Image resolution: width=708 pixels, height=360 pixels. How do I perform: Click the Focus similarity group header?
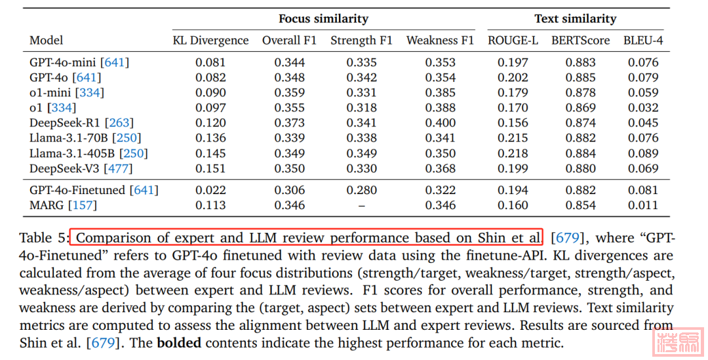(323, 19)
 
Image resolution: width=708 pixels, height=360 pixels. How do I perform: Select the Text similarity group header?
(575, 19)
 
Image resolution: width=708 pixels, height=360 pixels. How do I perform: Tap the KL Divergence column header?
(210, 41)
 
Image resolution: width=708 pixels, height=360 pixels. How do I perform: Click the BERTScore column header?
(580, 41)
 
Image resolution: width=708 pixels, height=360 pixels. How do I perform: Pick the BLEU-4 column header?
(643, 41)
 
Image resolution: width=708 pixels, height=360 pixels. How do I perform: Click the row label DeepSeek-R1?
(65, 123)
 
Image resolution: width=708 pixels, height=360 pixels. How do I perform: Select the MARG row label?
(47, 205)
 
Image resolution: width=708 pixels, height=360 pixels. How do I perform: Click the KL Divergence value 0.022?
(210, 190)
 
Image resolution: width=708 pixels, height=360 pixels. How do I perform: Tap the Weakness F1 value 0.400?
(440, 123)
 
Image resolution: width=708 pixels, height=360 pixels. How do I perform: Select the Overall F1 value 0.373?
(289, 123)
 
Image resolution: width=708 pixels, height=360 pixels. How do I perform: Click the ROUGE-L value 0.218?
(513, 153)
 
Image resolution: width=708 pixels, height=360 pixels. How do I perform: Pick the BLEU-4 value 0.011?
(643, 205)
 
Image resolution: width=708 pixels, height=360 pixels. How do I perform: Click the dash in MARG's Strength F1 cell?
(361, 205)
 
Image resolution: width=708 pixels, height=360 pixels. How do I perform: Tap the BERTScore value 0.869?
(580, 108)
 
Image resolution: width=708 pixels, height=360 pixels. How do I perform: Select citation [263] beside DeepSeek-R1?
(119, 123)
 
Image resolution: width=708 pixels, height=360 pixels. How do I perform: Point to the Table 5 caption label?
(43, 237)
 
